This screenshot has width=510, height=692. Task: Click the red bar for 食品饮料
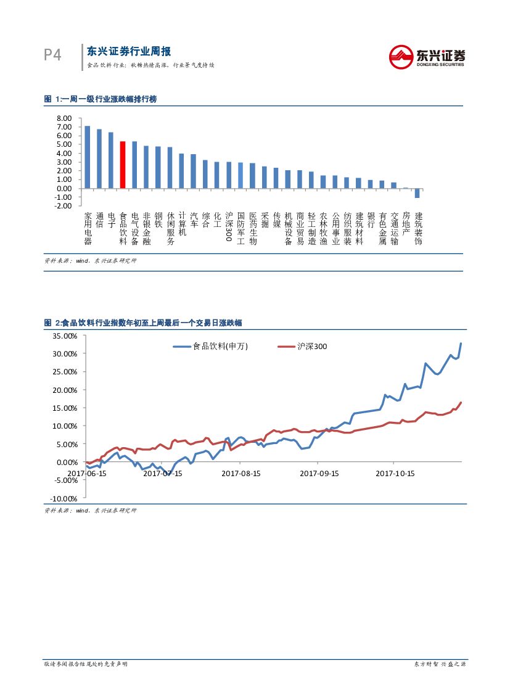tap(123, 165)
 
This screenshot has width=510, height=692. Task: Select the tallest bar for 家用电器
tap(87, 157)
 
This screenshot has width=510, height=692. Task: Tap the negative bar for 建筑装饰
tap(417, 193)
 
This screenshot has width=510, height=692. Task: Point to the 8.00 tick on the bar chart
tap(64, 118)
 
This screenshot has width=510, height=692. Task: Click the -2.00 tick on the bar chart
tap(64, 205)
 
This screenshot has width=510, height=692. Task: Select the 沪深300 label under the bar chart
tap(229, 226)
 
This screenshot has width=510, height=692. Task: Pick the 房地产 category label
tap(406, 225)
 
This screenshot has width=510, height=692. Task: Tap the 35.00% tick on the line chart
tap(65, 336)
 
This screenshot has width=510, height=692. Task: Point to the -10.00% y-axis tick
tap(65, 498)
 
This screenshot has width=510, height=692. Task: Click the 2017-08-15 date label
tap(241, 474)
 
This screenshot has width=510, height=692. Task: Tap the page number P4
tap(52, 56)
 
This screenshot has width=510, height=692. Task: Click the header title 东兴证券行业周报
tap(128, 51)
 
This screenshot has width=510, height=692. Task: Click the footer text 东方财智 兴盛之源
tap(439, 664)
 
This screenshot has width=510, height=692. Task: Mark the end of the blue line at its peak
tap(461, 344)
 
